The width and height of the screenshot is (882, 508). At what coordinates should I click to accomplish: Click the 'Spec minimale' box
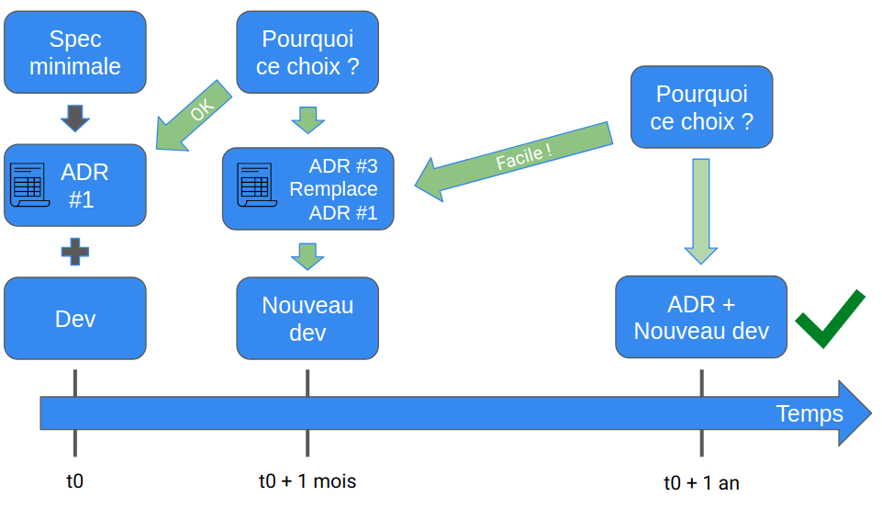[x=75, y=52]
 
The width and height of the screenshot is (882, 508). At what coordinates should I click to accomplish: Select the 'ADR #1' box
[x=75, y=185]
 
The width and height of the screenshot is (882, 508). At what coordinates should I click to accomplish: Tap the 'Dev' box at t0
[x=75, y=318]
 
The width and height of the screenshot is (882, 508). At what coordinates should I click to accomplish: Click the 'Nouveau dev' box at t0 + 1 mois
[x=307, y=318]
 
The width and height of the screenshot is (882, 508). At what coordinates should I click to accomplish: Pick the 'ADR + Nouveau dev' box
[x=701, y=317]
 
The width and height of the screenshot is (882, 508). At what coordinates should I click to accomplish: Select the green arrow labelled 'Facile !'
[x=514, y=159]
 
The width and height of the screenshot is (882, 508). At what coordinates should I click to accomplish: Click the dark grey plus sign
[x=75, y=251]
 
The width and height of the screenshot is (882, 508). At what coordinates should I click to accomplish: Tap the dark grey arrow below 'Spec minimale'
[x=75, y=118]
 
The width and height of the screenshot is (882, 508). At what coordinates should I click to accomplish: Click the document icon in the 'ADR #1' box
[x=29, y=185]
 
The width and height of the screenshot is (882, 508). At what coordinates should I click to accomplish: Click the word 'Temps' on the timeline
[x=809, y=413]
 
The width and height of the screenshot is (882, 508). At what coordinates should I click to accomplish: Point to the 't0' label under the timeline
[x=75, y=480]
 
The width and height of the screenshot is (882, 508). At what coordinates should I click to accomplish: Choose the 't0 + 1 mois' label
[x=307, y=480]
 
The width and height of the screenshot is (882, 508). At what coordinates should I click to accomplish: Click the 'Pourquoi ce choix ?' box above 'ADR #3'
[x=307, y=52]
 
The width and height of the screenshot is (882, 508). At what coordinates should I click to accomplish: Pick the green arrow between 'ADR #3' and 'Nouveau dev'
[x=307, y=255]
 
